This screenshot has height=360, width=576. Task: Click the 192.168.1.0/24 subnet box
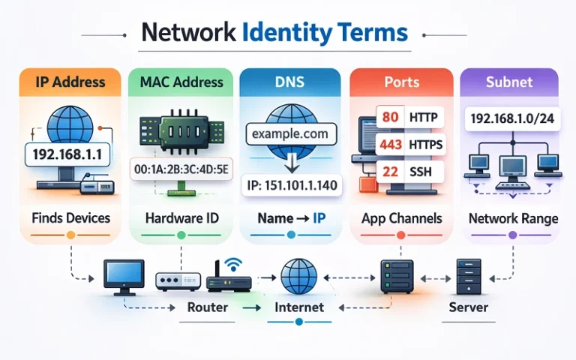pos(510,118)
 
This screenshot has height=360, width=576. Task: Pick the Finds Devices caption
pos(71,218)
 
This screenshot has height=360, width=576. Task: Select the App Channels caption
pos(401,218)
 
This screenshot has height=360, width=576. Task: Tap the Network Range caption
pos(513,218)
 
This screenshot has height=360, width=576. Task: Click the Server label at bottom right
pos(469,307)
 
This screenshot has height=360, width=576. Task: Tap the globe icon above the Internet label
pos(298,276)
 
